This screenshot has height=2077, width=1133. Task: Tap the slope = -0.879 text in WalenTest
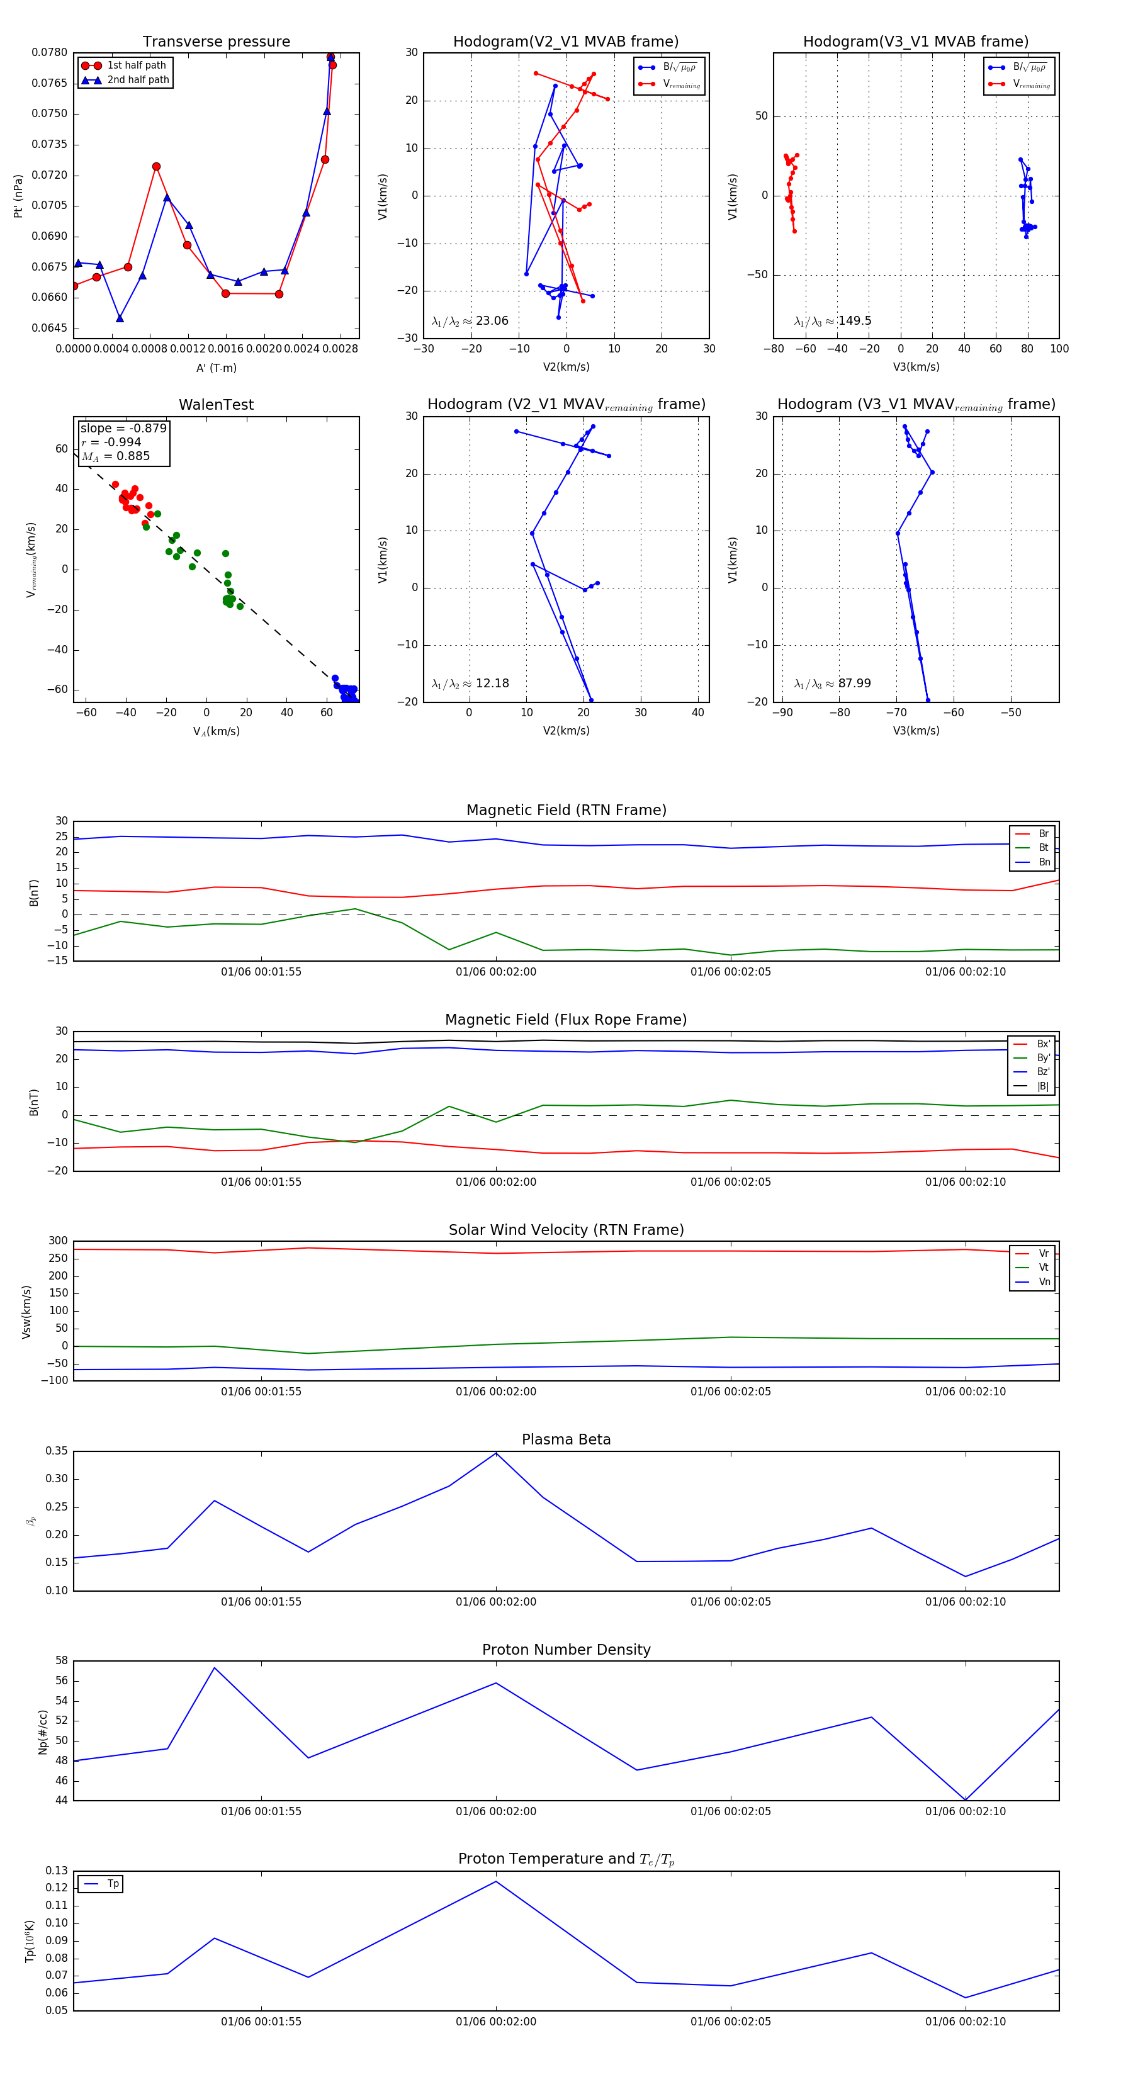[x=123, y=428]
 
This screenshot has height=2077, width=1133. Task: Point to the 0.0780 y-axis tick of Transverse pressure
[x=50, y=52]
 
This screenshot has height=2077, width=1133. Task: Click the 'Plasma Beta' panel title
[x=566, y=1439]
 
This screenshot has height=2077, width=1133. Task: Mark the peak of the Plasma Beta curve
[x=496, y=1453]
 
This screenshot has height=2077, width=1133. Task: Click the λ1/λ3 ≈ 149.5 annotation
[x=832, y=321]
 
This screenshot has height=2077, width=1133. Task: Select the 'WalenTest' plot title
[x=216, y=405]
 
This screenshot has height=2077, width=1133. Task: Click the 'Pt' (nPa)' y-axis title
[x=18, y=196]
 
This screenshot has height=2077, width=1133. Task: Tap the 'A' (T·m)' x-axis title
[x=216, y=368]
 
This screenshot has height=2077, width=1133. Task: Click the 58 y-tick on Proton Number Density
[x=61, y=1661]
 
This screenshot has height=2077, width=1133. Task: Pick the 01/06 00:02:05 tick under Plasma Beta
[x=731, y=1601]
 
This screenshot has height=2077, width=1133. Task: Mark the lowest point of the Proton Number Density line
[x=966, y=1799]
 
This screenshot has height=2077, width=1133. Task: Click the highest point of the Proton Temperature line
[x=496, y=1881]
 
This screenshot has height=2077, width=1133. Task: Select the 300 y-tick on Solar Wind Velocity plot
[x=58, y=1241]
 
